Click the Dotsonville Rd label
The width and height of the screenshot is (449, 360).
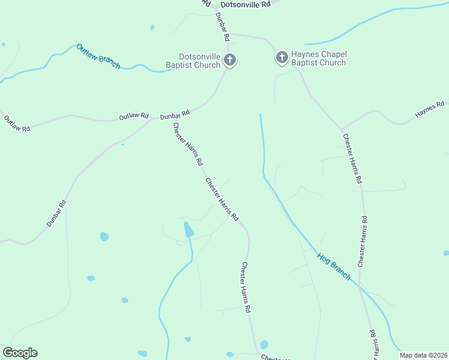click(x=246, y=4)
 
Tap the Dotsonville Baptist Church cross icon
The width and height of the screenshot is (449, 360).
click(x=229, y=60)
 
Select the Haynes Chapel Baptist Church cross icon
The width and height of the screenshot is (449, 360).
click(x=282, y=58)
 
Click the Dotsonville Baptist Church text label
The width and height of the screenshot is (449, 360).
click(x=193, y=61)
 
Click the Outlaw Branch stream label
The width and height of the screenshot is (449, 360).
click(x=98, y=56)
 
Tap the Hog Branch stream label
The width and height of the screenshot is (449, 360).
click(x=334, y=265)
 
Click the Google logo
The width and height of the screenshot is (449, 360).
click(x=20, y=353)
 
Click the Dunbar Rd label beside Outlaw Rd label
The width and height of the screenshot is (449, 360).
click(x=175, y=114)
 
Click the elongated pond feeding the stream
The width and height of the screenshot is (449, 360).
click(x=188, y=229)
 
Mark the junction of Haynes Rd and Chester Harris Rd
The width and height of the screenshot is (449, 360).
click(x=342, y=130)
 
